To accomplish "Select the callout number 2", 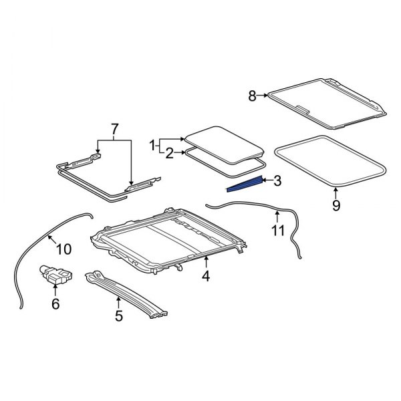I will [x=170, y=154].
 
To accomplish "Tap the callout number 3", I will [x=277, y=180].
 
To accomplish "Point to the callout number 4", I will [x=206, y=275].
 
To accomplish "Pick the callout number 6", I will [x=55, y=304].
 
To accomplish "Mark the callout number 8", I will [x=253, y=96].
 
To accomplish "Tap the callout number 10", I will [x=63, y=250].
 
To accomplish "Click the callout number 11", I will [x=277, y=231].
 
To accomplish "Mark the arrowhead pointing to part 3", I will [x=263, y=180].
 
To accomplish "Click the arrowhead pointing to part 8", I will [x=266, y=96].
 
